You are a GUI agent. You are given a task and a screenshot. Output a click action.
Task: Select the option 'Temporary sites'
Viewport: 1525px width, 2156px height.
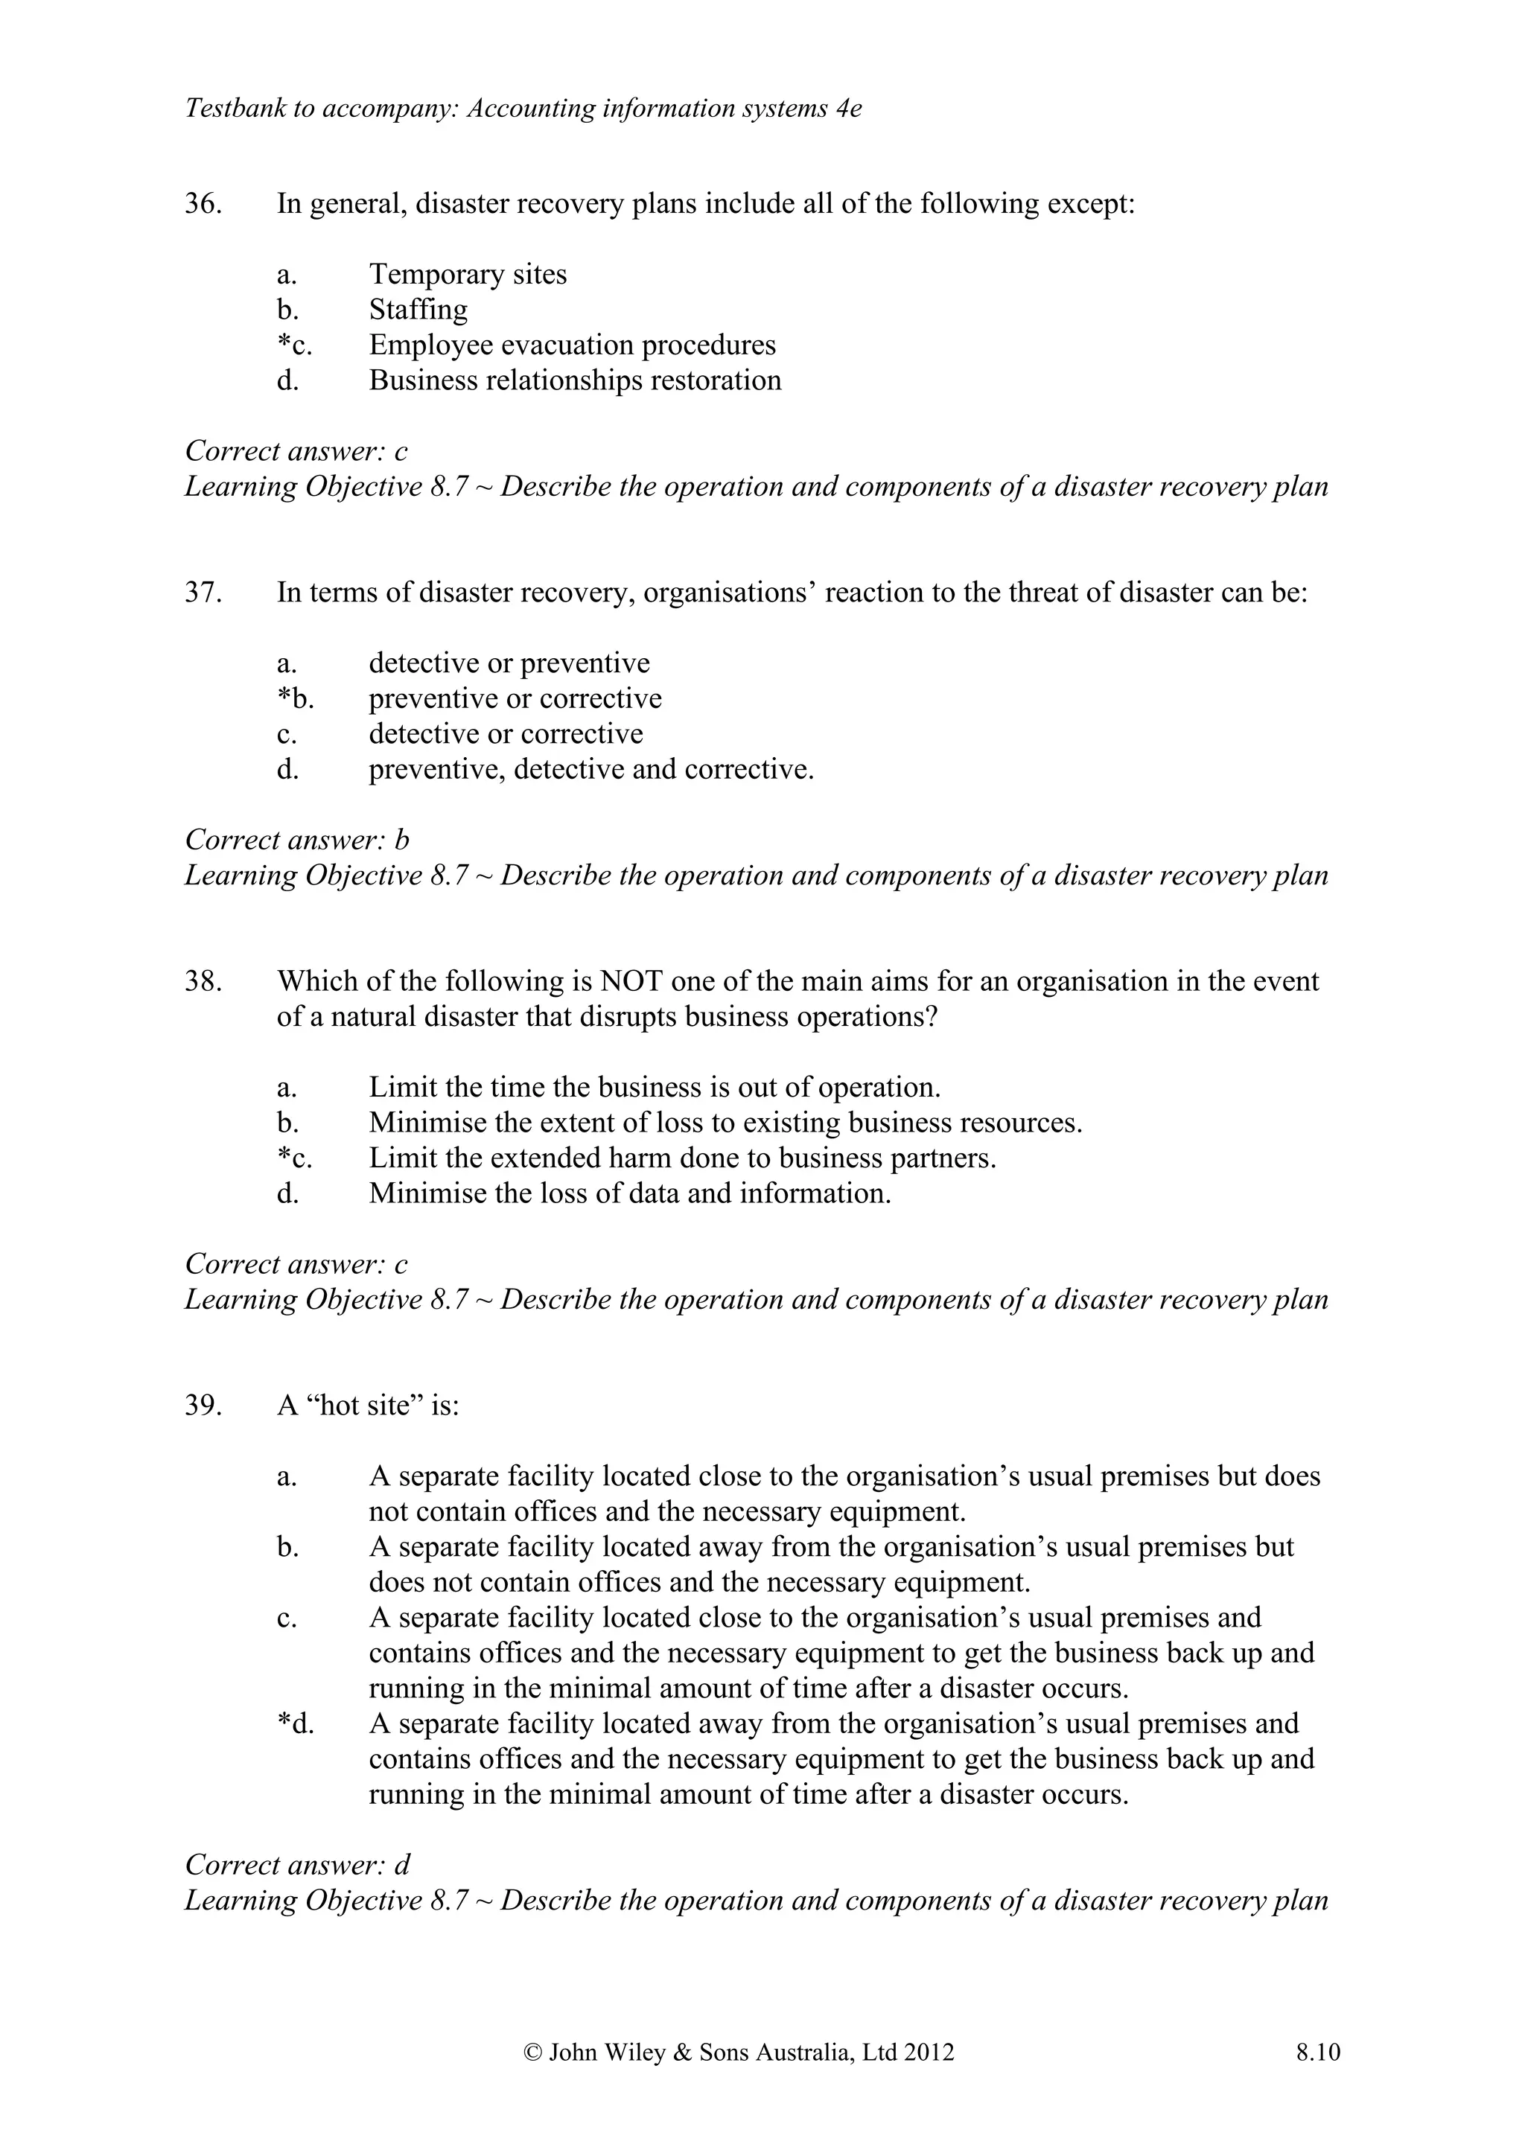tap(468, 274)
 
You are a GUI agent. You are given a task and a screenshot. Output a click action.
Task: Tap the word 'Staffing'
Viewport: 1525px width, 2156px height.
tap(418, 309)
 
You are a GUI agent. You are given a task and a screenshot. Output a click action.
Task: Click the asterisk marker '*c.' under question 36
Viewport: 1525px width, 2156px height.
tap(294, 345)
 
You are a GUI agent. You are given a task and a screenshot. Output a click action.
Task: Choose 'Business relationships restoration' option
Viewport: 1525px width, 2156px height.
tap(575, 380)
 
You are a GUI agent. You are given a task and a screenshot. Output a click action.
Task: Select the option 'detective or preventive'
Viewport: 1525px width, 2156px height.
tap(509, 663)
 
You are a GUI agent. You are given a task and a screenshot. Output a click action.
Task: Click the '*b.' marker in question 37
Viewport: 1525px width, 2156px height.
tap(295, 698)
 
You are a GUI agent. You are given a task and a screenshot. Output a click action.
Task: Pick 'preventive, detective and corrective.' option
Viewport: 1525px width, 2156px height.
tap(590, 769)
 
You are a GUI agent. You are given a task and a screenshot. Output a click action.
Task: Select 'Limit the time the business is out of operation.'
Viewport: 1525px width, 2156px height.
tap(655, 1088)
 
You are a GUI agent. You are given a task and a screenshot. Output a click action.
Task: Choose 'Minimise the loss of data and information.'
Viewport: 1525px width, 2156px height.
tap(629, 1193)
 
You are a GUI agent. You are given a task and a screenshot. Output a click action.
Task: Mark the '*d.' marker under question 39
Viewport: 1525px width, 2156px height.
tap(295, 1724)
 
